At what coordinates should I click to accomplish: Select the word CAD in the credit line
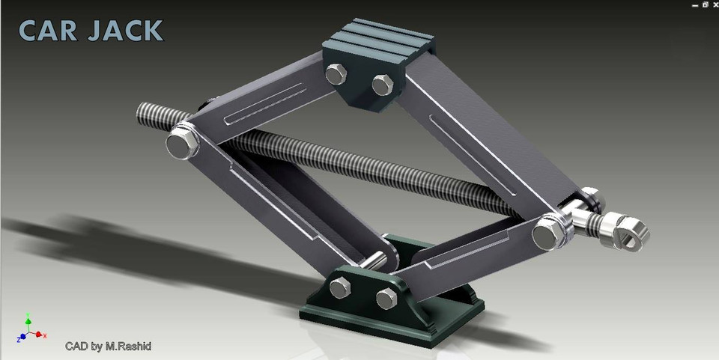[x=76, y=346]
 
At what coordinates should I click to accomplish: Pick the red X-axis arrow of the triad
[x=42, y=335]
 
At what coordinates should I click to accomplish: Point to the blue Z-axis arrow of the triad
[x=22, y=338]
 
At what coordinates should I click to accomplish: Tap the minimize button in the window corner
[x=694, y=4]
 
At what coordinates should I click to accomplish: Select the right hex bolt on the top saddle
[x=383, y=84]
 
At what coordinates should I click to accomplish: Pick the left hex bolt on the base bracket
[x=339, y=287]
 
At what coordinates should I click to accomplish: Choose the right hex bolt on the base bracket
[x=386, y=298]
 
